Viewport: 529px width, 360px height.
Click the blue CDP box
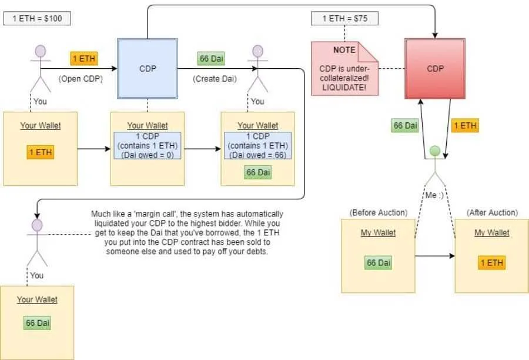click(x=147, y=68)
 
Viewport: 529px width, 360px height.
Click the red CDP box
click(x=435, y=68)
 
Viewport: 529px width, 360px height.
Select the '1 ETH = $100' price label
click(x=36, y=18)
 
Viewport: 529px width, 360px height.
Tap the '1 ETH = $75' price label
click(x=344, y=18)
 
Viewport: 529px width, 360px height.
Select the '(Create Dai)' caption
click(x=210, y=79)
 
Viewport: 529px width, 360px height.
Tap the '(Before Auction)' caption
click(x=370, y=212)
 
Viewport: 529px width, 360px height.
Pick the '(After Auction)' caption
click(x=492, y=212)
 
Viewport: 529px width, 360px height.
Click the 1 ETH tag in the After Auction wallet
click(x=491, y=263)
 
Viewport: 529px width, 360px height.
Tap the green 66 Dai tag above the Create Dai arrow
click(x=212, y=59)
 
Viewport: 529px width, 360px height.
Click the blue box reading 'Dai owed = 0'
click(x=148, y=145)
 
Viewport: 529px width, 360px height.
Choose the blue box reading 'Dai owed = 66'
click(x=257, y=145)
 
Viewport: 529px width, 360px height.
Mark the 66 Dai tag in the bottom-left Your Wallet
click(x=37, y=323)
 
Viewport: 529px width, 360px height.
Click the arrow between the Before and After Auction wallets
click(x=435, y=256)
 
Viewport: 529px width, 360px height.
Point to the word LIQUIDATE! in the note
click(x=344, y=87)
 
